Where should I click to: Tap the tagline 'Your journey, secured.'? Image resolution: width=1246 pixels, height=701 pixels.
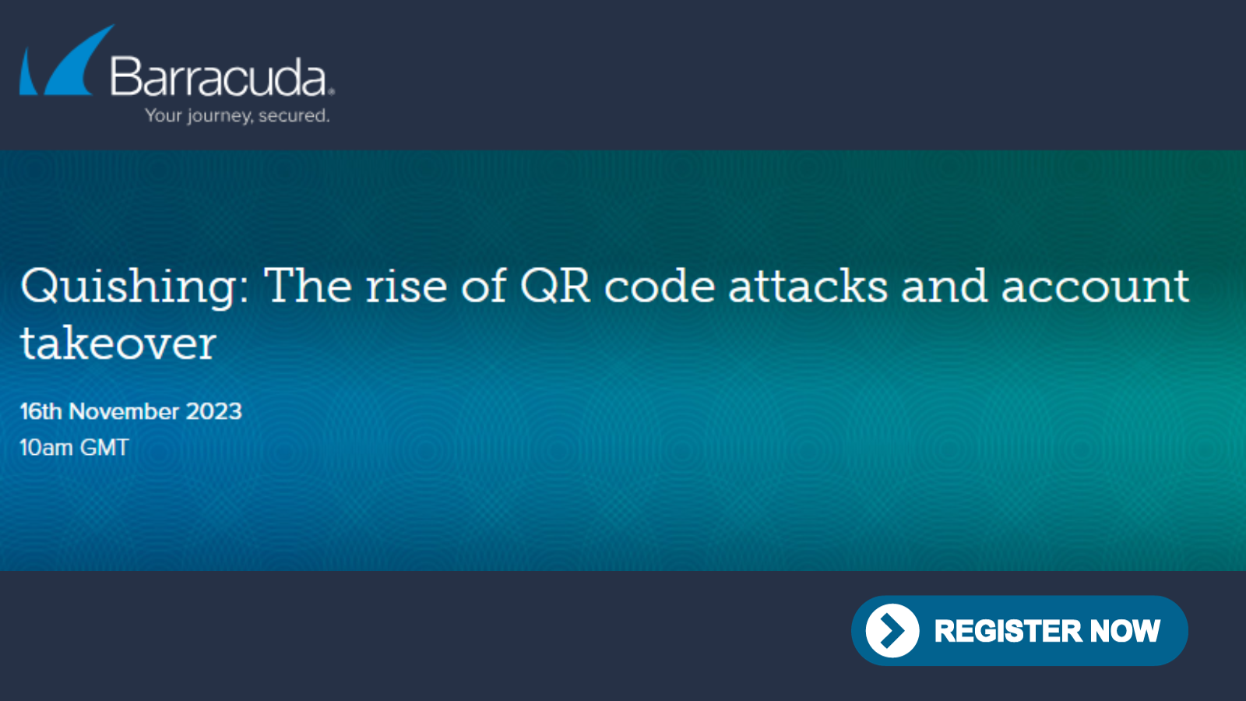[x=238, y=116]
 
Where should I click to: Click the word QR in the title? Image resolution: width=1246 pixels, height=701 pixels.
[x=554, y=285]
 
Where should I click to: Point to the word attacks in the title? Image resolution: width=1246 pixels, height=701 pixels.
[x=808, y=285]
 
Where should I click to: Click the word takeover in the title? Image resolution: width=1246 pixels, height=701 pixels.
[x=118, y=343]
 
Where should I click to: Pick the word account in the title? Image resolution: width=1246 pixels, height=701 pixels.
[x=1095, y=287]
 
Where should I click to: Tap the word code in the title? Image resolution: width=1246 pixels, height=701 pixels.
[x=659, y=285]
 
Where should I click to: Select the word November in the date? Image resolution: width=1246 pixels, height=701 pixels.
[x=124, y=412]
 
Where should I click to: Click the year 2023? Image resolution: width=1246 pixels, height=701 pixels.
[x=213, y=412]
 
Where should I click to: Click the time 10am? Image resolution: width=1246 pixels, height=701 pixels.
[x=46, y=447]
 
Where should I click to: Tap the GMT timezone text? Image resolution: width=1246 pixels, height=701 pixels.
[x=104, y=447]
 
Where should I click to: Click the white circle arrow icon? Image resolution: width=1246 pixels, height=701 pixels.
[x=892, y=630]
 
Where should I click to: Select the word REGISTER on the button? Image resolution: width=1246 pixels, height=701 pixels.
[x=1008, y=631]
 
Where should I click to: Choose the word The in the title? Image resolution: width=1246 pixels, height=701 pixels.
[x=308, y=285]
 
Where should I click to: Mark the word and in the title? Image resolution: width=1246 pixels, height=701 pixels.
[x=945, y=285]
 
